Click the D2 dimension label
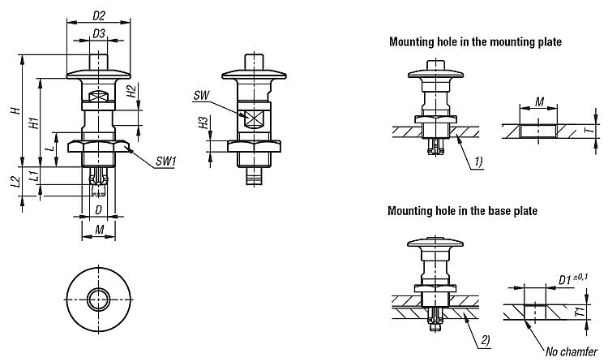[99, 15]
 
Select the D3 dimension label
[99, 34]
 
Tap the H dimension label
[16, 110]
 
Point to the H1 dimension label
[34, 123]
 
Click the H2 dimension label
[131, 92]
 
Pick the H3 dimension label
[203, 123]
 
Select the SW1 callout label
[166, 162]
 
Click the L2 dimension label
[15, 182]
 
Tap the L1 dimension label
[34, 175]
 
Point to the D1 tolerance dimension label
[573, 279]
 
